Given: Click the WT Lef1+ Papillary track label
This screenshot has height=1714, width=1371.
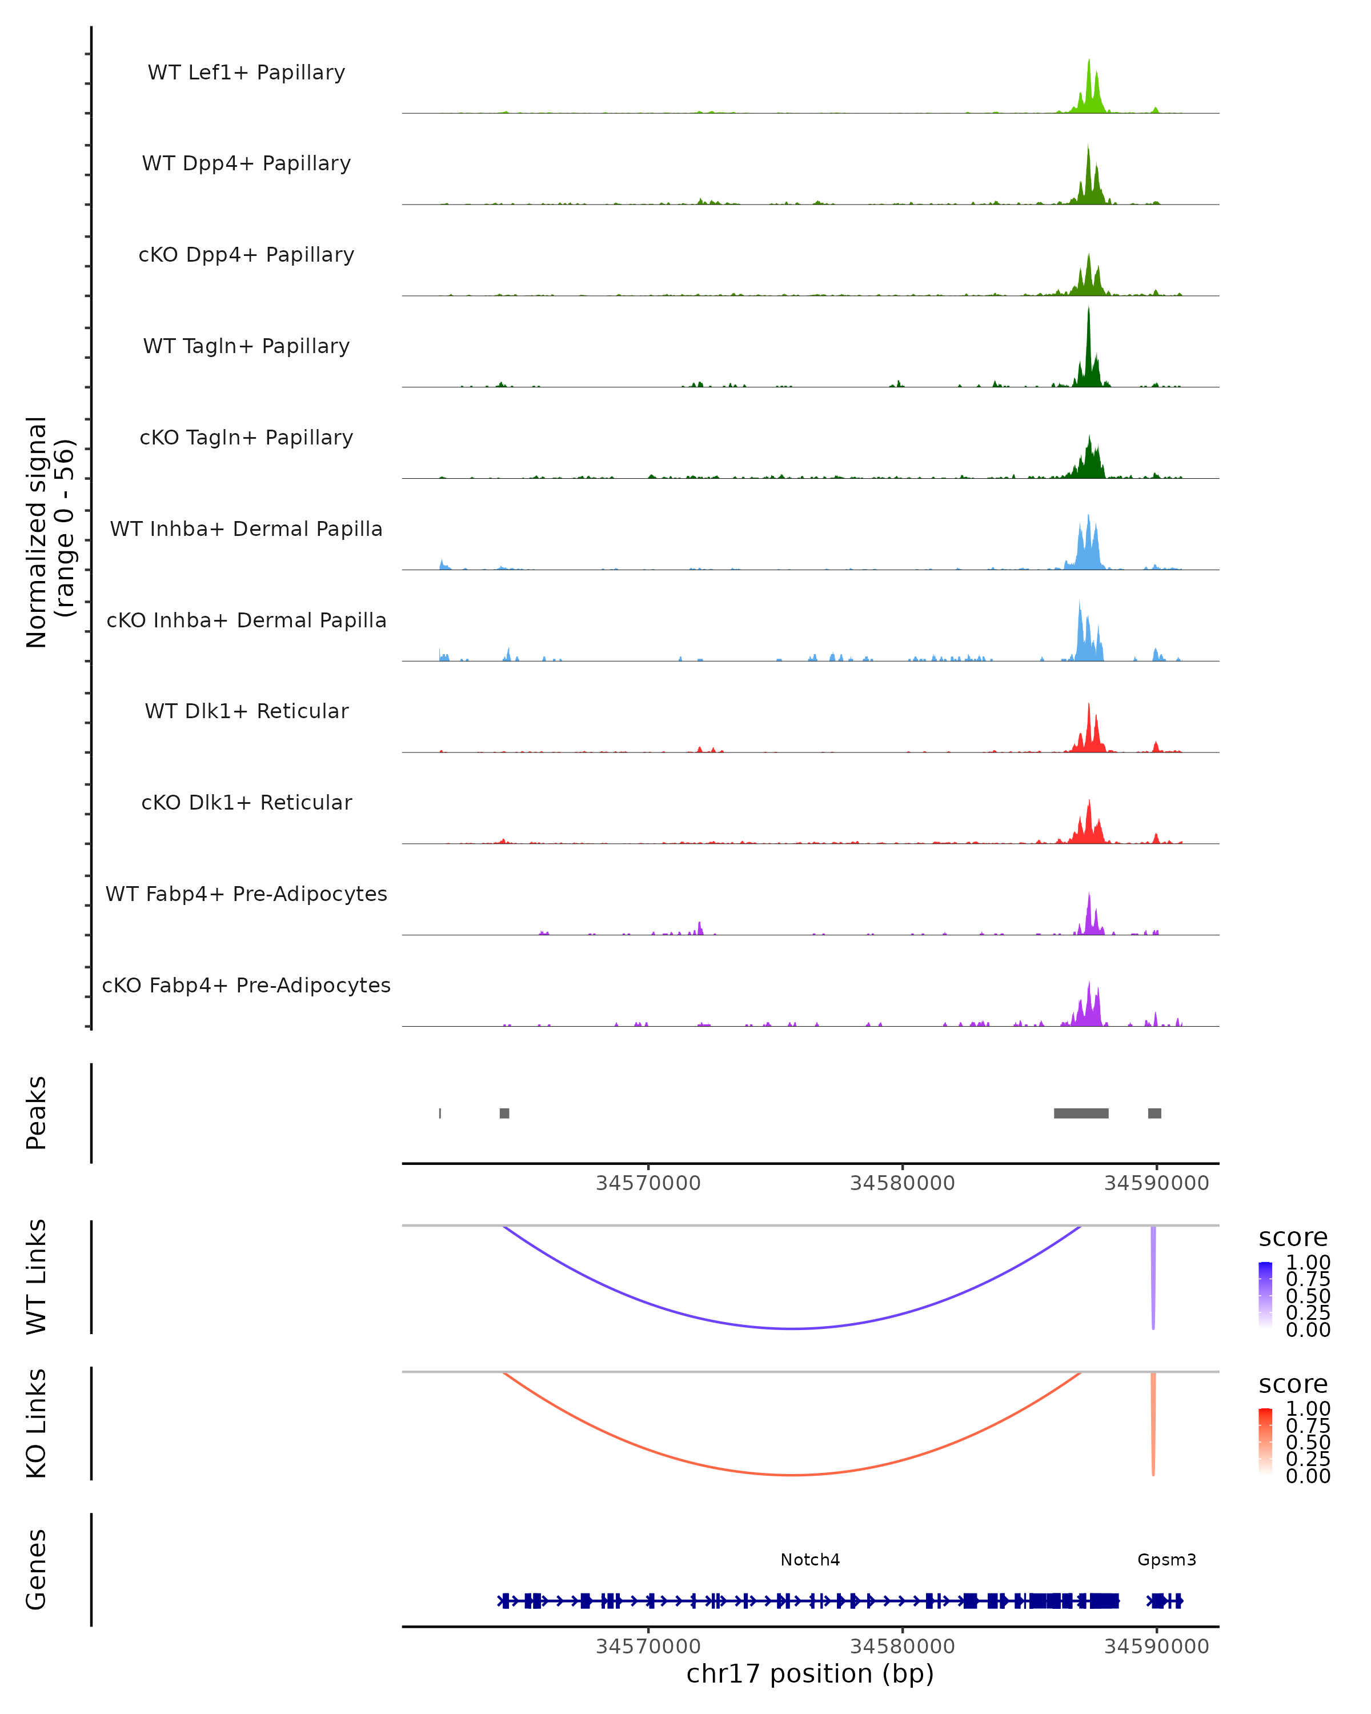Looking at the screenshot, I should pos(246,73).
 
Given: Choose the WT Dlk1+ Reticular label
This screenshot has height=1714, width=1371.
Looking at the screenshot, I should pos(246,711).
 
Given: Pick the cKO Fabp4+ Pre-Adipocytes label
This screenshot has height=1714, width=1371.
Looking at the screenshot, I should pos(246,985).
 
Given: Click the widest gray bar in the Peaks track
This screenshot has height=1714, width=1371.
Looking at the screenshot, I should pos(1081,1113).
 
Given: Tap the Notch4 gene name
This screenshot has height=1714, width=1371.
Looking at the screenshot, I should pos(810,1560).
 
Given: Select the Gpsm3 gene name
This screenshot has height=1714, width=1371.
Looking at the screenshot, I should pos(1166,1560).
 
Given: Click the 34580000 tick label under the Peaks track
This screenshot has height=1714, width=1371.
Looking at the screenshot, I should pos(902,1183).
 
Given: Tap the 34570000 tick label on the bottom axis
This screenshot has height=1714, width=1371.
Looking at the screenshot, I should pos(648,1647).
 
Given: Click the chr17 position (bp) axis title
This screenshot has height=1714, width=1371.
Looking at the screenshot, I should pos(810,1673).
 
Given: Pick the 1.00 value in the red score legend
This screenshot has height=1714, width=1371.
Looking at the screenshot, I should pos(1308,1409).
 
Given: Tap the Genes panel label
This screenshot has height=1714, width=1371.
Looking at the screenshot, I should pos(36,1569).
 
